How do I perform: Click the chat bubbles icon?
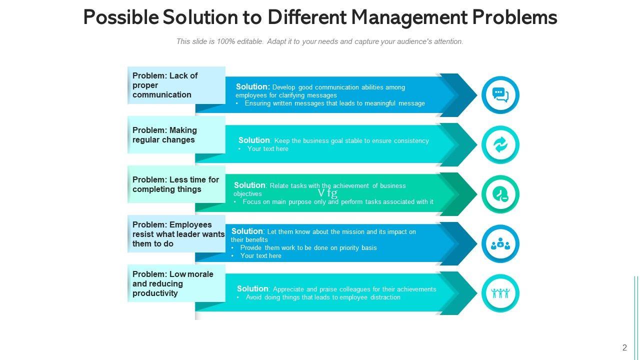tap(500, 94)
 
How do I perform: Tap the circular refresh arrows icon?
tap(500, 144)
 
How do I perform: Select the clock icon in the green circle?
tap(500, 194)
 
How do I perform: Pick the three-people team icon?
tap(500, 244)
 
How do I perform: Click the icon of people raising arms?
tap(500, 293)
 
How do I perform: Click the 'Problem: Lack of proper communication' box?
tap(176, 85)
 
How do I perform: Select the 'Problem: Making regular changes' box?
tap(176, 135)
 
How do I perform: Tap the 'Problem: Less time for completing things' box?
tap(176, 184)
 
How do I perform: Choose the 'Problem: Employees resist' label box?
tap(176, 234)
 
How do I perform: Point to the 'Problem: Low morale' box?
tap(176, 283)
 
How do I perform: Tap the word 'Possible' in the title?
tap(120, 17)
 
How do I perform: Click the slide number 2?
tap(624, 348)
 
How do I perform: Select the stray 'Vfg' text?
tap(327, 193)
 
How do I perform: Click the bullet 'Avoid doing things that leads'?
tap(322, 297)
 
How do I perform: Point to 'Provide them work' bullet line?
tap(308, 248)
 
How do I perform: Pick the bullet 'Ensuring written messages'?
tap(334, 103)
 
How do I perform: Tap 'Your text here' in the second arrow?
tap(267, 149)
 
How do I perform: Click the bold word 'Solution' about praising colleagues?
tap(252, 289)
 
